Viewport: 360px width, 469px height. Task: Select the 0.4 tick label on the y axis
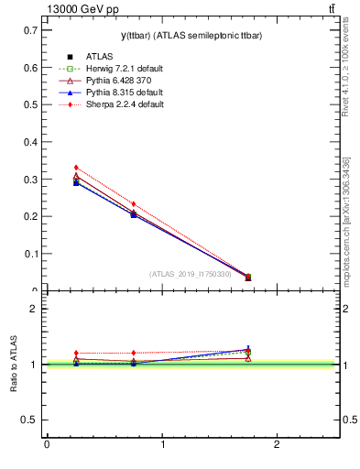tap(30, 142)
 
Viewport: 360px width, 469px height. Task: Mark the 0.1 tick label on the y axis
tap(30, 254)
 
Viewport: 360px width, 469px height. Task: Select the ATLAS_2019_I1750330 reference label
tap(191, 274)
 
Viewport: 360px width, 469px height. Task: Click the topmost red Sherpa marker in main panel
tap(76, 168)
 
